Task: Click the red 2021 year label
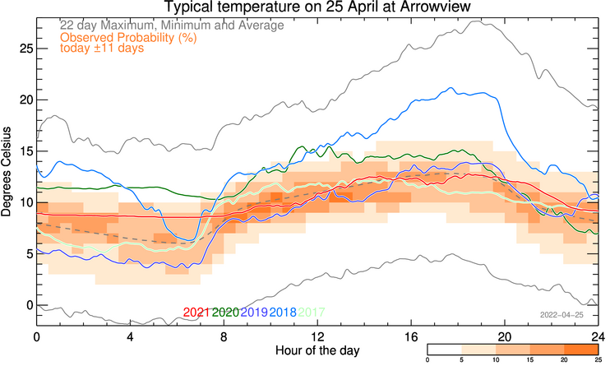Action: click(x=197, y=313)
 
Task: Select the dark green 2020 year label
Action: click(x=225, y=313)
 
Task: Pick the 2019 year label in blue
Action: click(x=254, y=313)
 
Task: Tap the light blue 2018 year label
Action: click(x=282, y=313)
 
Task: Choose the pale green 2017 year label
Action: click(x=311, y=313)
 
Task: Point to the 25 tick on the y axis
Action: click(x=24, y=49)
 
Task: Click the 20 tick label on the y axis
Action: click(x=24, y=100)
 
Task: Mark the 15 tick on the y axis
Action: click(x=24, y=151)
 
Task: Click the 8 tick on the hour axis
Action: click(x=224, y=338)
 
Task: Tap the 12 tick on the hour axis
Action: click(x=317, y=338)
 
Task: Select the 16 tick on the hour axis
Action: click(x=411, y=338)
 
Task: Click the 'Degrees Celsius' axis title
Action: click(x=7, y=171)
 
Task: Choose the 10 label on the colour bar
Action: click(x=496, y=360)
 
